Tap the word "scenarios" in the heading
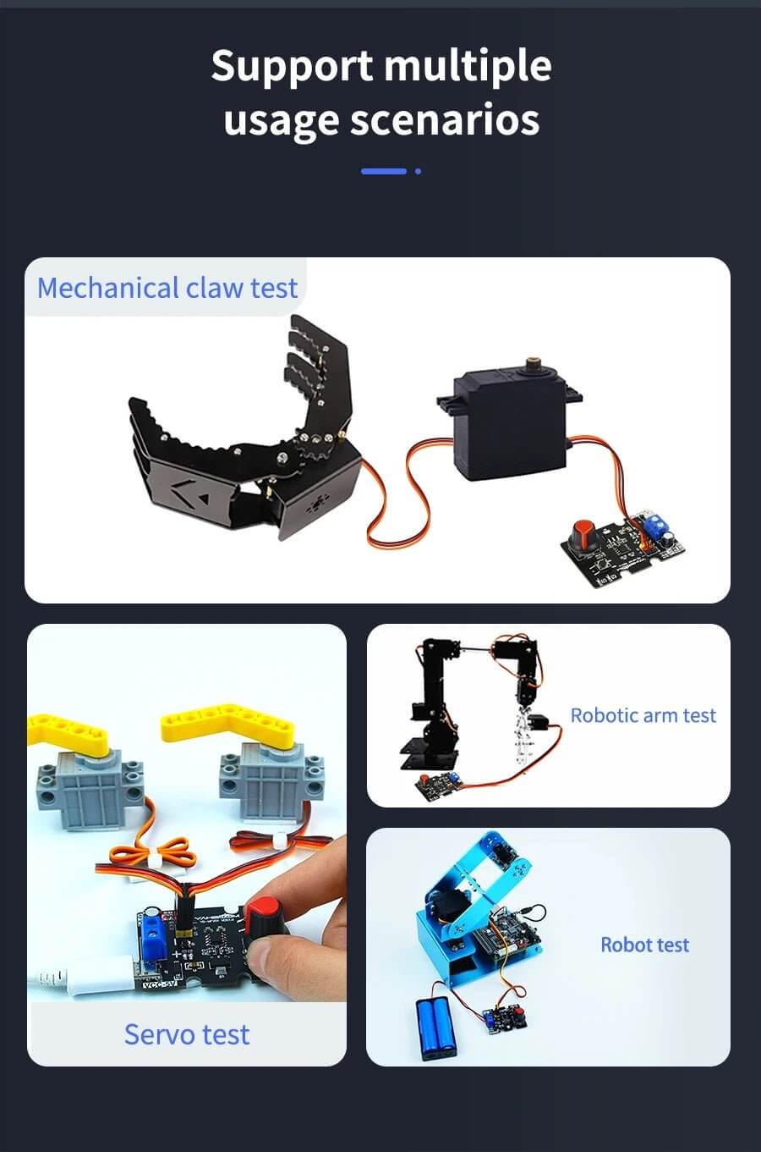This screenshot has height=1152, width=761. point(445,119)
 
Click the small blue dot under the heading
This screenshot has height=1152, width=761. point(418,171)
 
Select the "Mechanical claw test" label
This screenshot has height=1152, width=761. point(167,288)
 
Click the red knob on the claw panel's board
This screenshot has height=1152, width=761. point(584,535)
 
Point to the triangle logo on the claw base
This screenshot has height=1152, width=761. point(204,499)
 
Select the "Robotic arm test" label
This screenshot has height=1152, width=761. point(643,715)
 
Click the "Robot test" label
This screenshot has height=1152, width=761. point(645,945)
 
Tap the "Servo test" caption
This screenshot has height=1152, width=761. point(187,1033)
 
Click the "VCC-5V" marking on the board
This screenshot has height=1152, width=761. point(160,984)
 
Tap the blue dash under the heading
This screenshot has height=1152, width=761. point(384,171)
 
